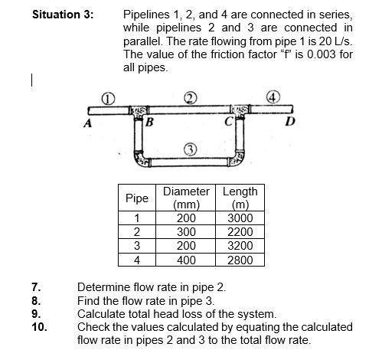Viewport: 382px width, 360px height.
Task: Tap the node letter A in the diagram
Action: (90, 123)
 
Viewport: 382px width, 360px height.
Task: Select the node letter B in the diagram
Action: (149, 121)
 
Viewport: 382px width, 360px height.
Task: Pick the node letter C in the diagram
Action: (227, 121)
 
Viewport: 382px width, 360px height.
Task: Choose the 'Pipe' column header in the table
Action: (136, 198)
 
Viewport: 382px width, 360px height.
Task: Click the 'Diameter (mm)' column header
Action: (187, 198)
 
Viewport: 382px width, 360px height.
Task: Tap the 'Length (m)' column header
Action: (240, 198)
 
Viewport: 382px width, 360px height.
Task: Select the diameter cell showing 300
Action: (187, 231)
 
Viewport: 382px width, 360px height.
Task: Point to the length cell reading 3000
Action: (240, 218)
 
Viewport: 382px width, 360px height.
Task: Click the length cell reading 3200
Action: (240, 245)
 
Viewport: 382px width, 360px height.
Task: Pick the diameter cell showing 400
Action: (187, 259)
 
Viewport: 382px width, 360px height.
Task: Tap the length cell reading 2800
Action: (240, 259)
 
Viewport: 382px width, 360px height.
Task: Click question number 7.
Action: (35, 287)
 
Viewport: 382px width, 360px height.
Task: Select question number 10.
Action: (38, 327)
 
